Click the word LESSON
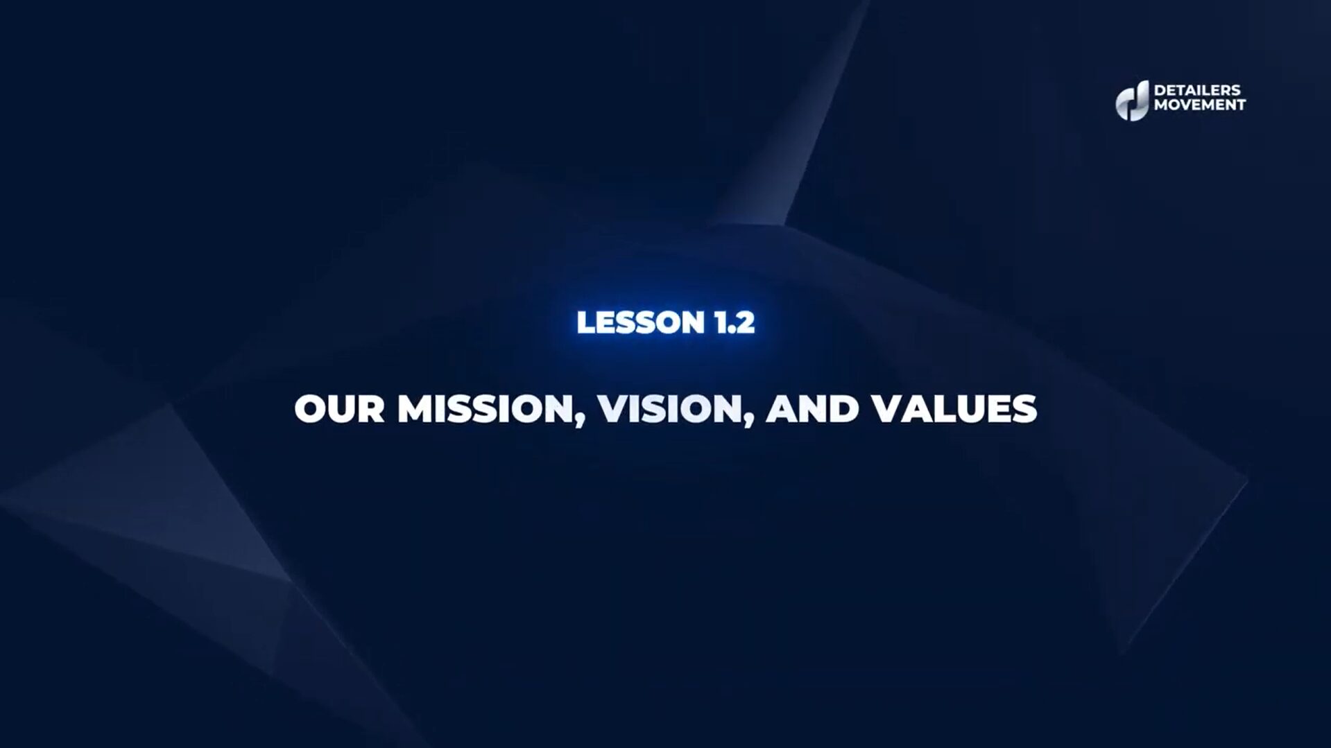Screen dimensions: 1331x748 tap(630, 322)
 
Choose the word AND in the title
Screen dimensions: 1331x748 tap(812, 408)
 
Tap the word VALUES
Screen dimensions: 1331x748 tap(954, 408)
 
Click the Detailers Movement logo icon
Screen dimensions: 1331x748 tap(1132, 101)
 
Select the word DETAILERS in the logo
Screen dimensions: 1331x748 tap(1197, 90)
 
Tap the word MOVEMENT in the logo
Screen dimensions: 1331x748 tap(1200, 105)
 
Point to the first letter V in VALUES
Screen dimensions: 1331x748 tap(886, 408)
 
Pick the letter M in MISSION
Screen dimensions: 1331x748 tap(415, 408)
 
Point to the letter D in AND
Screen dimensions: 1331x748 tap(845, 408)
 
